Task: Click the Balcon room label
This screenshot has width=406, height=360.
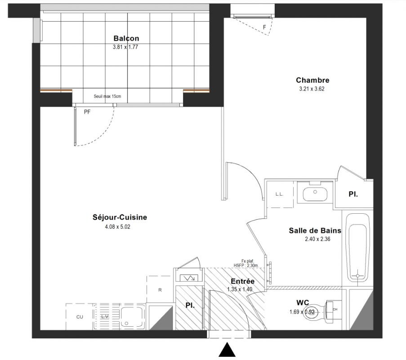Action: coord(126,38)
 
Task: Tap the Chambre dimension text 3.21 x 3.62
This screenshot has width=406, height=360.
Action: coord(312,89)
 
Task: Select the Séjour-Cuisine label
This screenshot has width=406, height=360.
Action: coord(120,217)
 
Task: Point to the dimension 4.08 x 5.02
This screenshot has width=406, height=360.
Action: coord(117,227)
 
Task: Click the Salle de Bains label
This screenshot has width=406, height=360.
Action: coord(315,230)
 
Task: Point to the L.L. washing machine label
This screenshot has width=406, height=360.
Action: coord(279,194)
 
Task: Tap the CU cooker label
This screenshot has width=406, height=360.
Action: coord(80,317)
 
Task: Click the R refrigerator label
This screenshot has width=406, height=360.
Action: coord(160,290)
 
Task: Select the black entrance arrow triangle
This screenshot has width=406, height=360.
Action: coord(227,350)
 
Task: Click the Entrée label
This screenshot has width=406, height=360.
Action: coord(243,281)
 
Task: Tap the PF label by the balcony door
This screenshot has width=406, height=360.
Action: coord(87,112)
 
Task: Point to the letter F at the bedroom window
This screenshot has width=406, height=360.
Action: coord(264,27)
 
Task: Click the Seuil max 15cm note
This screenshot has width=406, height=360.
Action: coord(107,96)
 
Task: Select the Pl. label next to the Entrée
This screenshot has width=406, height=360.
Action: coord(190,306)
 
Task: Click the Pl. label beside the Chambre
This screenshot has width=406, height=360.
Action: coord(353,194)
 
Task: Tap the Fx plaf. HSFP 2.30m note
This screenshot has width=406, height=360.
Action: coord(246,263)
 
